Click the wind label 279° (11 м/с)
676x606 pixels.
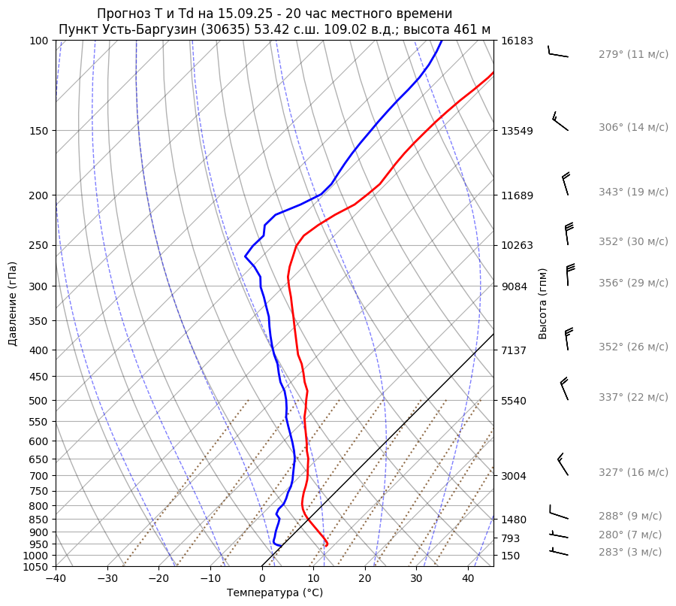click(x=633, y=54)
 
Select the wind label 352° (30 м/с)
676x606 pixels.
click(x=633, y=241)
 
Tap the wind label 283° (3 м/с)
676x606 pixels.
click(x=630, y=552)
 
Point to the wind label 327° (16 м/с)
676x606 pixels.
click(x=633, y=472)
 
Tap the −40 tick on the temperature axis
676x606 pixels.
click(x=56, y=579)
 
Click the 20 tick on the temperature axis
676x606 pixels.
click(x=365, y=579)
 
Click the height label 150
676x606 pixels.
click(x=511, y=556)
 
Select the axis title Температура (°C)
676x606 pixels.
click(x=275, y=593)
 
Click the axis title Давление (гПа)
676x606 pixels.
click(x=13, y=304)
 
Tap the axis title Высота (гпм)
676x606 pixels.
click(x=542, y=304)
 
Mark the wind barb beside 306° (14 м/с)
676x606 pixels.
click(x=559, y=121)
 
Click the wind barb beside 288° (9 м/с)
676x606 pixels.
click(x=557, y=513)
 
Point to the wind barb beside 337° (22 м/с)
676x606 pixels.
click(x=564, y=389)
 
